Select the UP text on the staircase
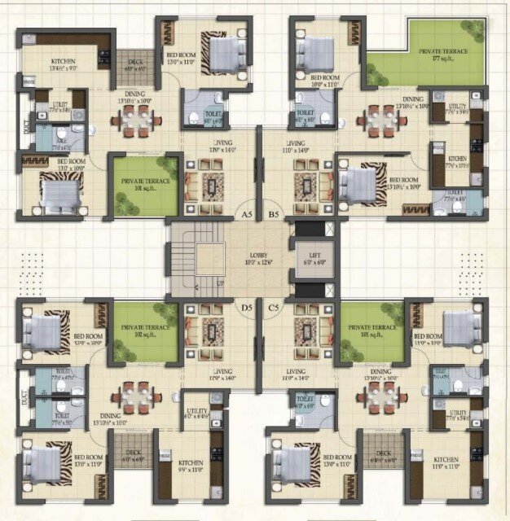point(219,282)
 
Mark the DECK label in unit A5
point(134,64)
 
